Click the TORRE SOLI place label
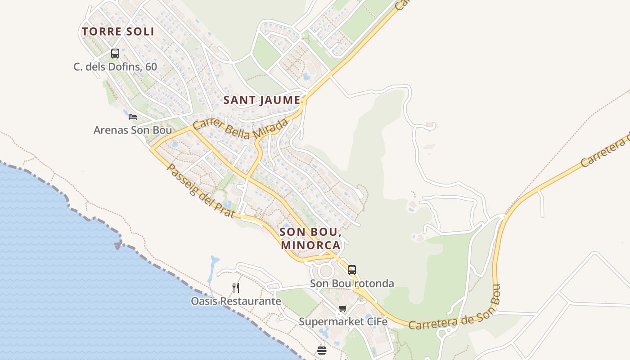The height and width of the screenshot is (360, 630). pyautogui.click(x=118, y=31)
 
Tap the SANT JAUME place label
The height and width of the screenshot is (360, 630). pyautogui.click(x=262, y=100)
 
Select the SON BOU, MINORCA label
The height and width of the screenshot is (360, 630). pyautogui.click(x=310, y=238)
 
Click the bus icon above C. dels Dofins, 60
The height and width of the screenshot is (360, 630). pyautogui.click(x=115, y=54)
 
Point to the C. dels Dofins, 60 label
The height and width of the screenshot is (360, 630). pyautogui.click(x=115, y=67)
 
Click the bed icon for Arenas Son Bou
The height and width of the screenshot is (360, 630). pyautogui.click(x=132, y=117)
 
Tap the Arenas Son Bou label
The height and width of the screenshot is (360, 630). pyautogui.click(x=133, y=130)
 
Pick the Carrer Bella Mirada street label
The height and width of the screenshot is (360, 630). pyautogui.click(x=240, y=130)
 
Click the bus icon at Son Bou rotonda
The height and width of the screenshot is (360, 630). pyautogui.click(x=352, y=270)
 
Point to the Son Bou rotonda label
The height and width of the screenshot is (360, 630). pyautogui.click(x=352, y=283)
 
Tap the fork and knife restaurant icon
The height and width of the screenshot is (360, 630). pyautogui.click(x=236, y=288)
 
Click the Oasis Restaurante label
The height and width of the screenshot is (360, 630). pyautogui.click(x=236, y=301)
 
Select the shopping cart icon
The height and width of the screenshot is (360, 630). pyautogui.click(x=343, y=309)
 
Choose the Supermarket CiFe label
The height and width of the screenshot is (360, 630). pyautogui.click(x=343, y=322)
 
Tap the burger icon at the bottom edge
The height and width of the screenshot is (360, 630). pyautogui.click(x=321, y=350)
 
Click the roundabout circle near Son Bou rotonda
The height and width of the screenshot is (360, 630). pyautogui.click(x=325, y=271)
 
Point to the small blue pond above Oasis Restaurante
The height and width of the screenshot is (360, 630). pyautogui.click(x=214, y=260)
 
